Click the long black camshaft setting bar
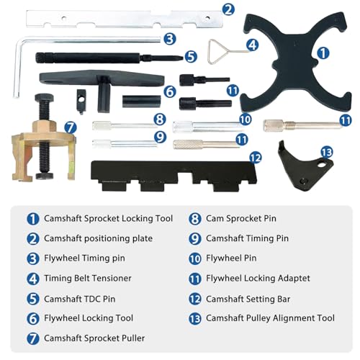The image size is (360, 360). [173, 173]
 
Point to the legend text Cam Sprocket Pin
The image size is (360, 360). [240, 218]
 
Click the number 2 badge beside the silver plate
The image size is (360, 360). [228, 9]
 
